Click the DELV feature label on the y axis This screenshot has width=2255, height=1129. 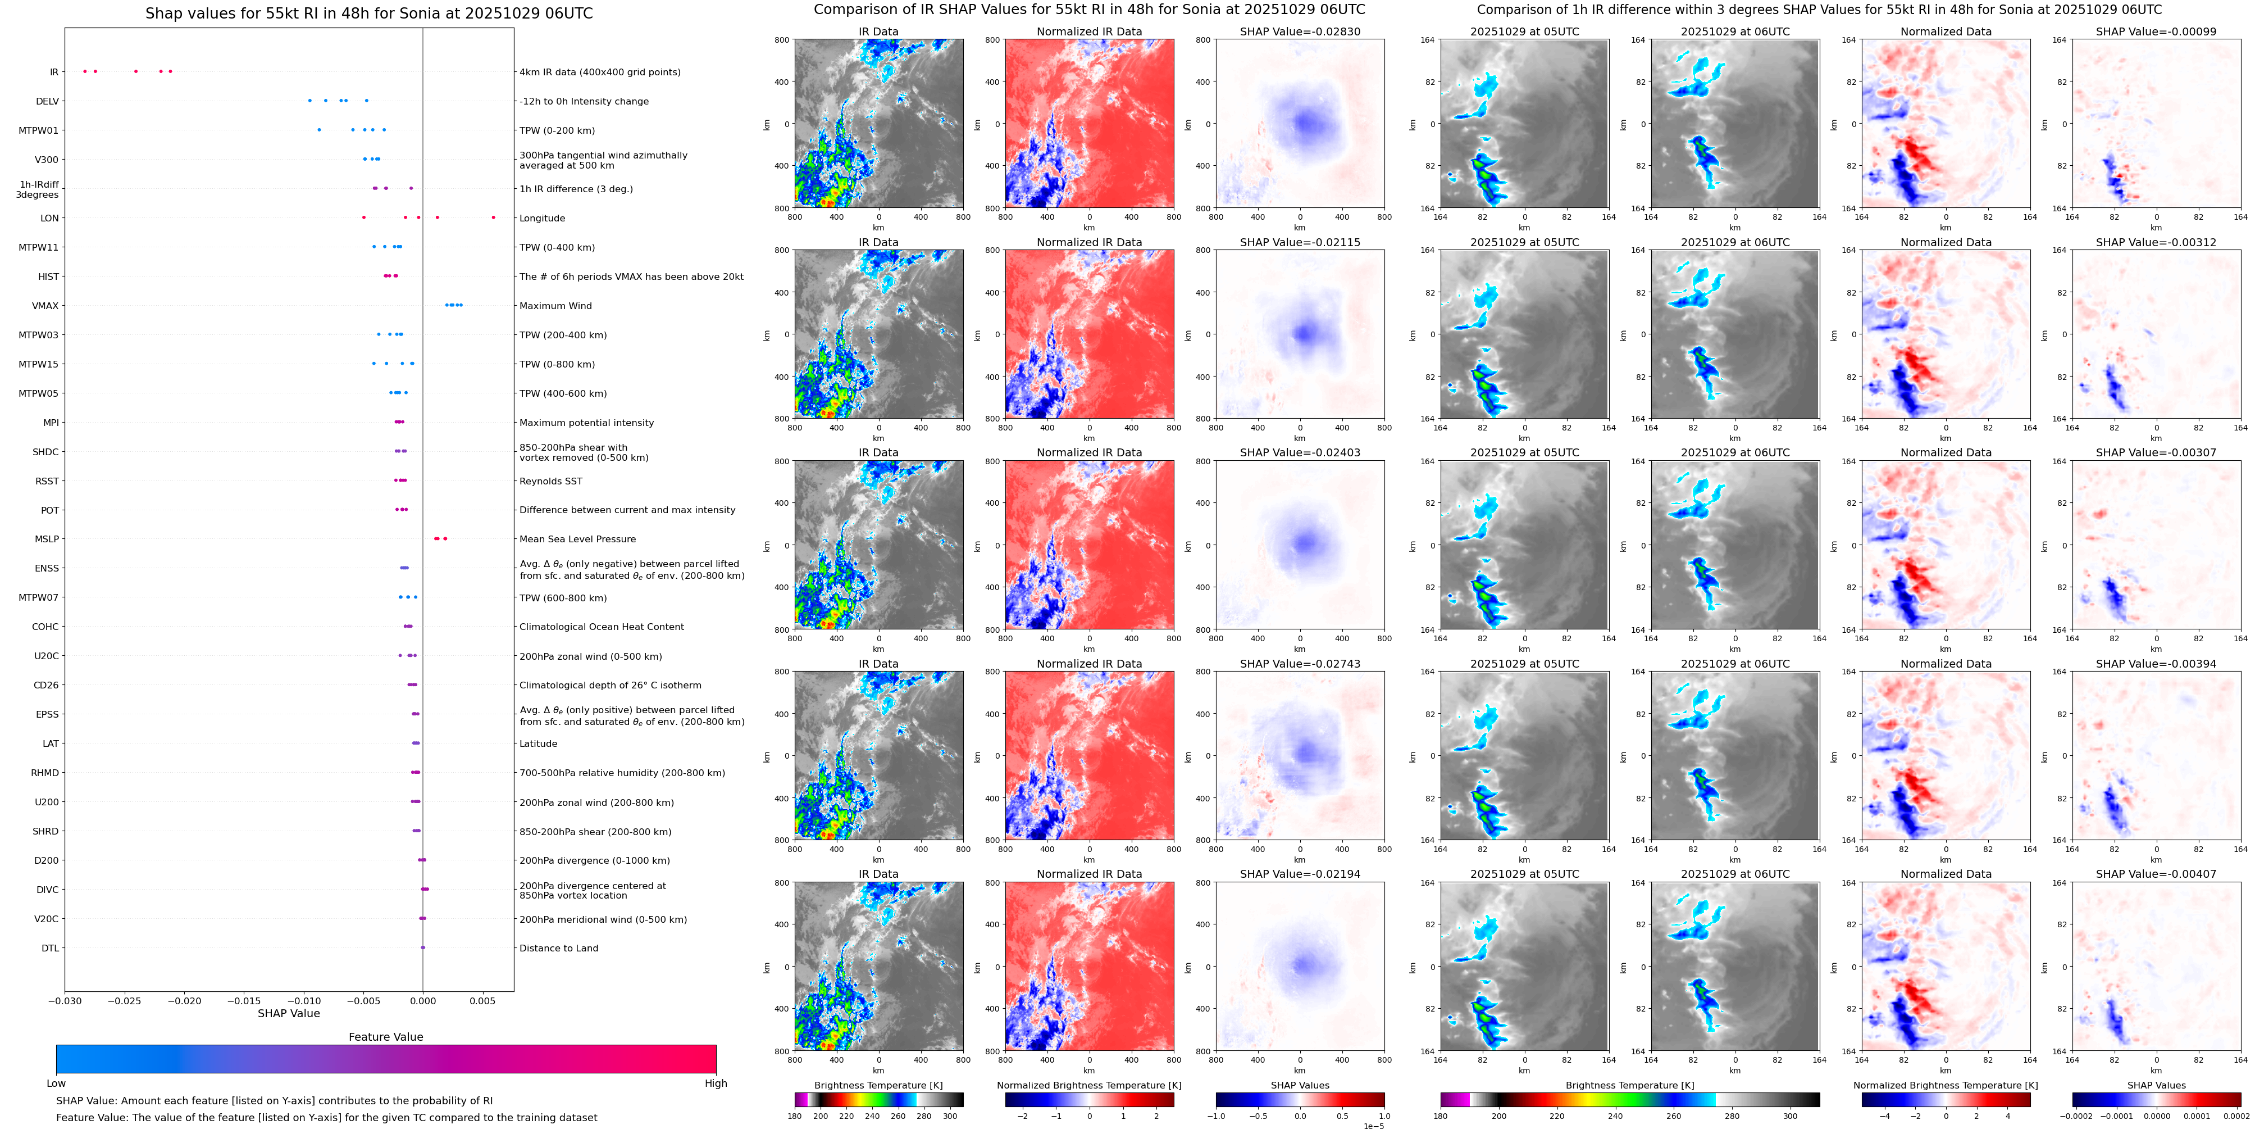47,102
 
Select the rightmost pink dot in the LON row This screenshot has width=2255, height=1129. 493,217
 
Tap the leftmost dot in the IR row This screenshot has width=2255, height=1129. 84,71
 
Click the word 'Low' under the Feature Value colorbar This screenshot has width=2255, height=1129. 56,1083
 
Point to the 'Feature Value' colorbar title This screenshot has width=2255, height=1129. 385,1037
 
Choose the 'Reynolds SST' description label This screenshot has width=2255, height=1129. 550,481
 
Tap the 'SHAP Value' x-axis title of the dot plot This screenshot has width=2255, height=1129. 288,1013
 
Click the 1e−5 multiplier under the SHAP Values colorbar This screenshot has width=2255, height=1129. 1373,1126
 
